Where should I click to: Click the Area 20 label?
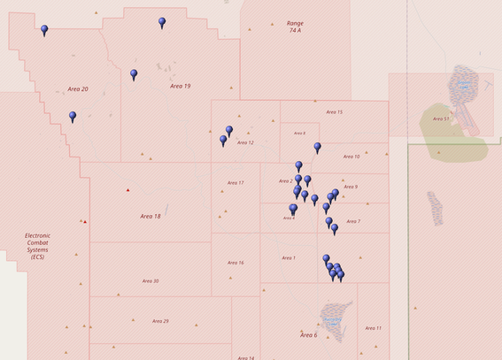(78, 89)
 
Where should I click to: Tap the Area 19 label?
(181, 86)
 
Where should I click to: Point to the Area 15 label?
(334, 112)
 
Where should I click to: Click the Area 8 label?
(299, 134)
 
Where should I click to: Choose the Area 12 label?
(245, 142)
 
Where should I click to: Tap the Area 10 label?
(351, 157)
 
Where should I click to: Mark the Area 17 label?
(236, 183)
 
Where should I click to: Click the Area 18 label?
(151, 216)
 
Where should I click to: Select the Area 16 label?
(236, 263)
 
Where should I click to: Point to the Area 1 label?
(288, 258)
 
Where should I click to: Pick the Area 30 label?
(151, 280)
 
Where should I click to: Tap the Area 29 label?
(160, 321)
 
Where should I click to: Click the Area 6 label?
(308, 335)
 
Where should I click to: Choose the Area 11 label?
(374, 328)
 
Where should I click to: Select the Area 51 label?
(441, 119)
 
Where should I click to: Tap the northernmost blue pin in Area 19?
(162, 22)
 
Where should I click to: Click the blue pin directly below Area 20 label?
(73, 116)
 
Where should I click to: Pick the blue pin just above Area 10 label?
(317, 148)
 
